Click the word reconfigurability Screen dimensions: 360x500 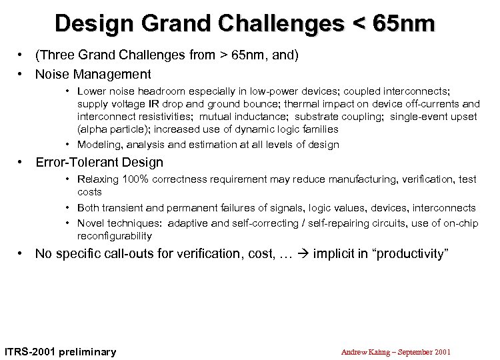(115, 236)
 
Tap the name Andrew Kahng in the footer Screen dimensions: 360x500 (364, 351)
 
